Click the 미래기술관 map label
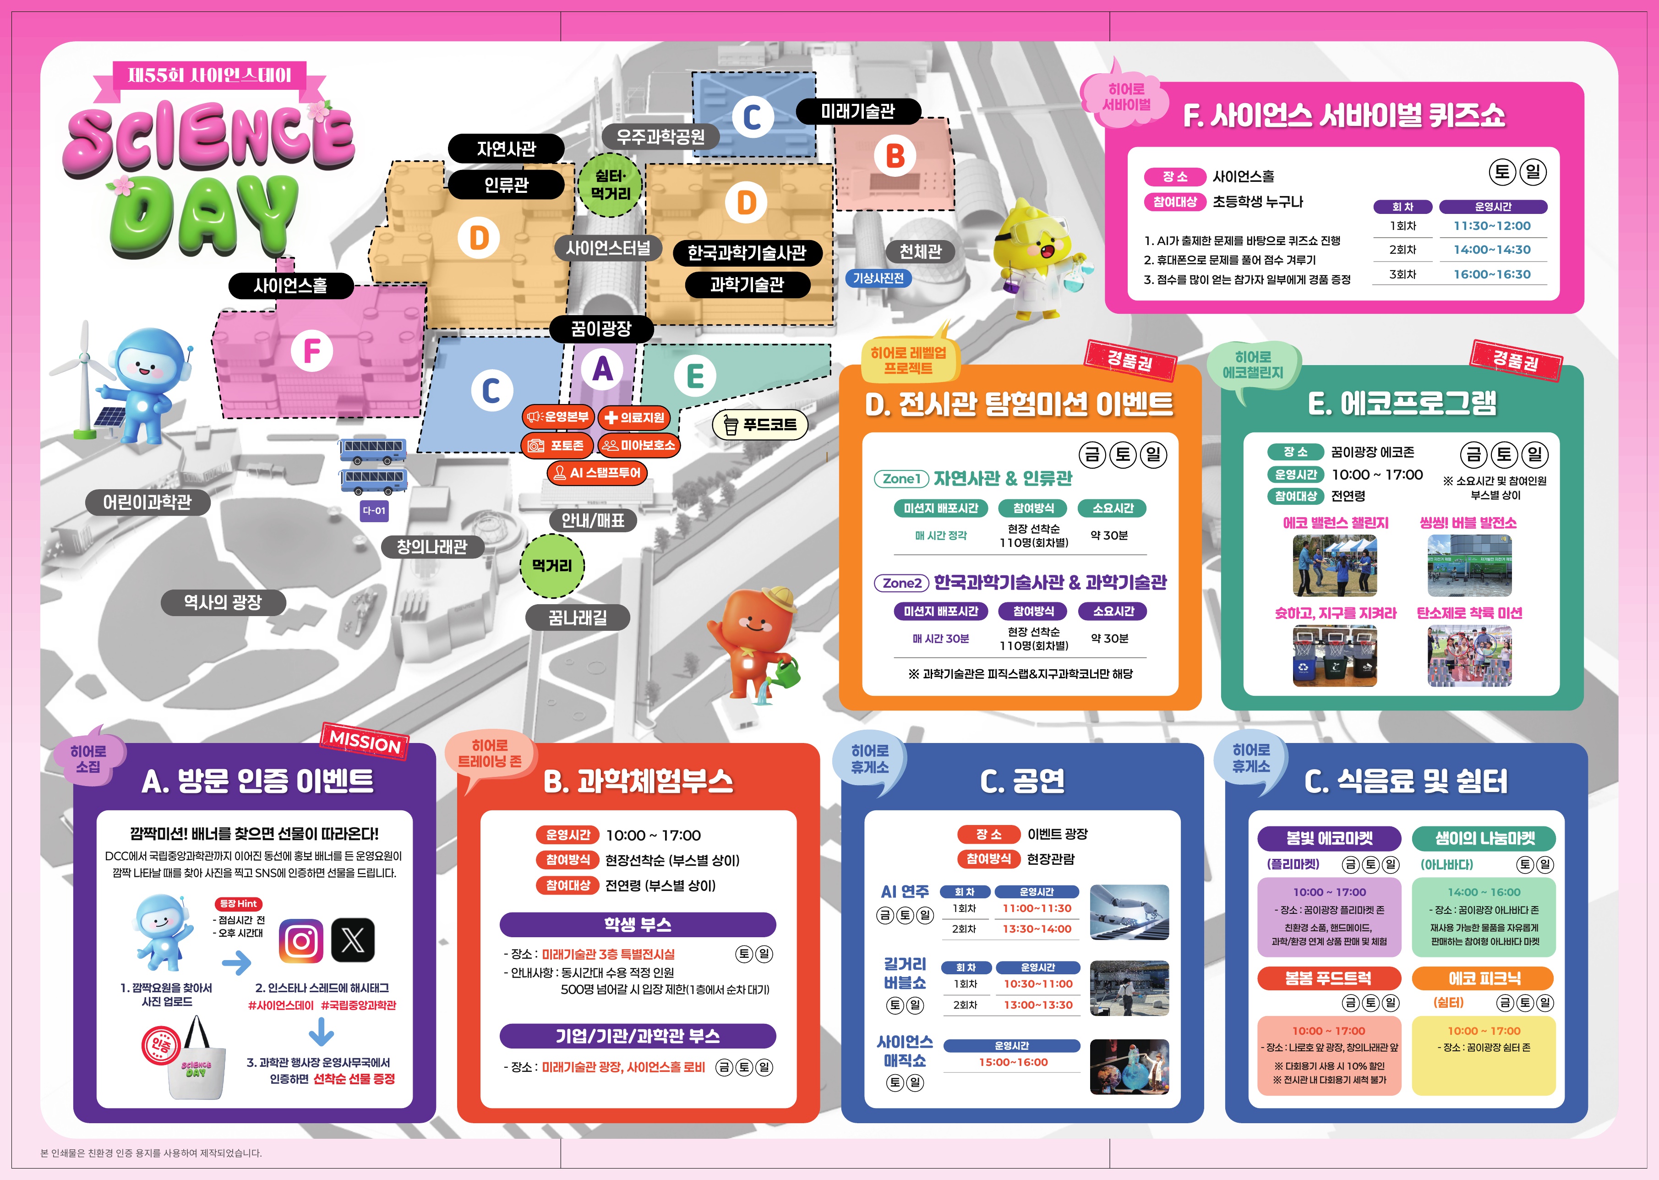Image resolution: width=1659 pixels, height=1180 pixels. [858, 111]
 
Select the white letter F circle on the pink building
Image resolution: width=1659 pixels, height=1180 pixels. [311, 352]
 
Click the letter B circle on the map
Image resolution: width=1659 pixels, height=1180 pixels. [895, 155]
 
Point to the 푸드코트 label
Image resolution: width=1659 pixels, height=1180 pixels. [760, 424]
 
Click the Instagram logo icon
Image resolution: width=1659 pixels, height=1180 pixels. [301, 941]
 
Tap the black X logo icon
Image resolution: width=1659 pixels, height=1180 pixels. [353, 941]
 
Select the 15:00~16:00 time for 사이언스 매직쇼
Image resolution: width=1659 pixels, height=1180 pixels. [1013, 1062]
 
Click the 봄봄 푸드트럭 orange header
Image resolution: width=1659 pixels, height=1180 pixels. [1328, 978]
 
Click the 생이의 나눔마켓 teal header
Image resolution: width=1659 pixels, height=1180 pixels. [1484, 838]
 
